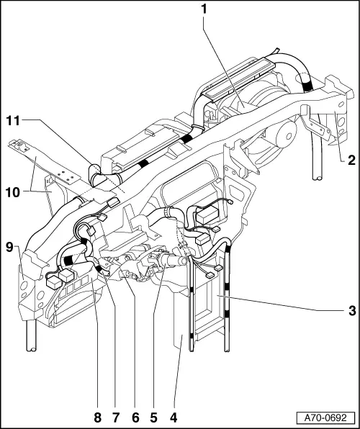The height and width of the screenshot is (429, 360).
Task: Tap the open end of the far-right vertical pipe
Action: click(x=318, y=176)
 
